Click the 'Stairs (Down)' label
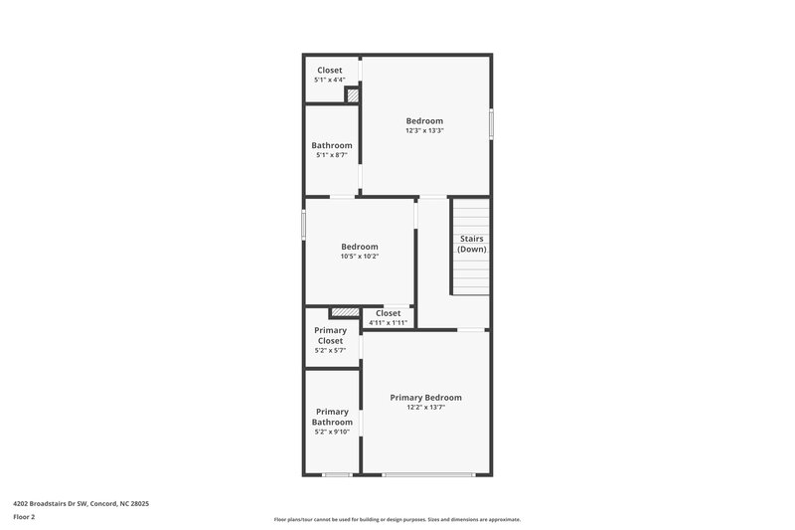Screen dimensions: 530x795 coord(471,244)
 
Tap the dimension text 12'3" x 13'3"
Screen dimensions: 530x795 coord(424,130)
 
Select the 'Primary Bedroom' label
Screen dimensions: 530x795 coord(425,397)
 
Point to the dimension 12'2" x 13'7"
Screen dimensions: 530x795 coord(425,407)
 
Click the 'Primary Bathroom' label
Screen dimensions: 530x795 coord(332,417)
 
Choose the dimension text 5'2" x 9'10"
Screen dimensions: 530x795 coord(332,433)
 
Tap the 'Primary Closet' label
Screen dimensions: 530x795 coord(331,335)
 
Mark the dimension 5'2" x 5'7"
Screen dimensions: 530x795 coord(331,350)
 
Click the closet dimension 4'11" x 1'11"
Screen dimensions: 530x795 coord(388,322)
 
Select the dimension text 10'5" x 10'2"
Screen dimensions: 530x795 coord(360,257)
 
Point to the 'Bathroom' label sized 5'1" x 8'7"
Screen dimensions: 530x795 coord(332,145)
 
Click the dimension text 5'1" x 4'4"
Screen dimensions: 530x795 coord(330,80)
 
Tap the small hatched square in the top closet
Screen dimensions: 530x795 coord(351,95)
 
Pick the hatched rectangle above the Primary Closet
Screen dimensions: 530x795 coord(344,312)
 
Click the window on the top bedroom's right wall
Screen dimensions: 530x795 coord(491,124)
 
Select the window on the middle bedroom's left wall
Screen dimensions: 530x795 coord(303,224)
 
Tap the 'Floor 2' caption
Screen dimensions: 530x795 coord(25,517)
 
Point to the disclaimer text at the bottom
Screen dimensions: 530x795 coord(397,519)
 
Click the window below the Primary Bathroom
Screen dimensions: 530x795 coord(337,474)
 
